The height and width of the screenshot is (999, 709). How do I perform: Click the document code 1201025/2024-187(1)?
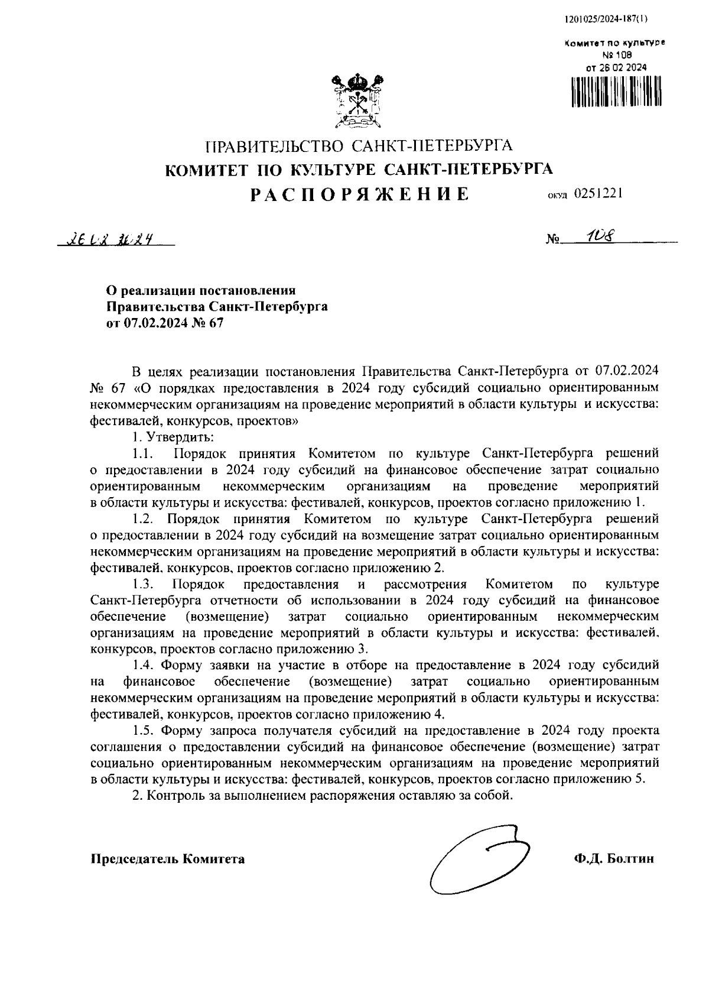pos(606,18)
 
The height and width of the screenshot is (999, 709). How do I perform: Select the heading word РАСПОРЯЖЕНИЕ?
pos(359,194)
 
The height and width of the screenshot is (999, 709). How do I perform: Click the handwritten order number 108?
pos(597,236)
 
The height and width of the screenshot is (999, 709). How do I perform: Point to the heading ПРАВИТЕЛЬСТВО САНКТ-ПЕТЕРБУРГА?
pos(359,145)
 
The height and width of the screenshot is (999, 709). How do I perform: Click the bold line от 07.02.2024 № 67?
pos(165,323)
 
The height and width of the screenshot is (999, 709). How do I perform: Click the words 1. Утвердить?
pos(173,437)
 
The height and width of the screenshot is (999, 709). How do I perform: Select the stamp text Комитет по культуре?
pos(614,43)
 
